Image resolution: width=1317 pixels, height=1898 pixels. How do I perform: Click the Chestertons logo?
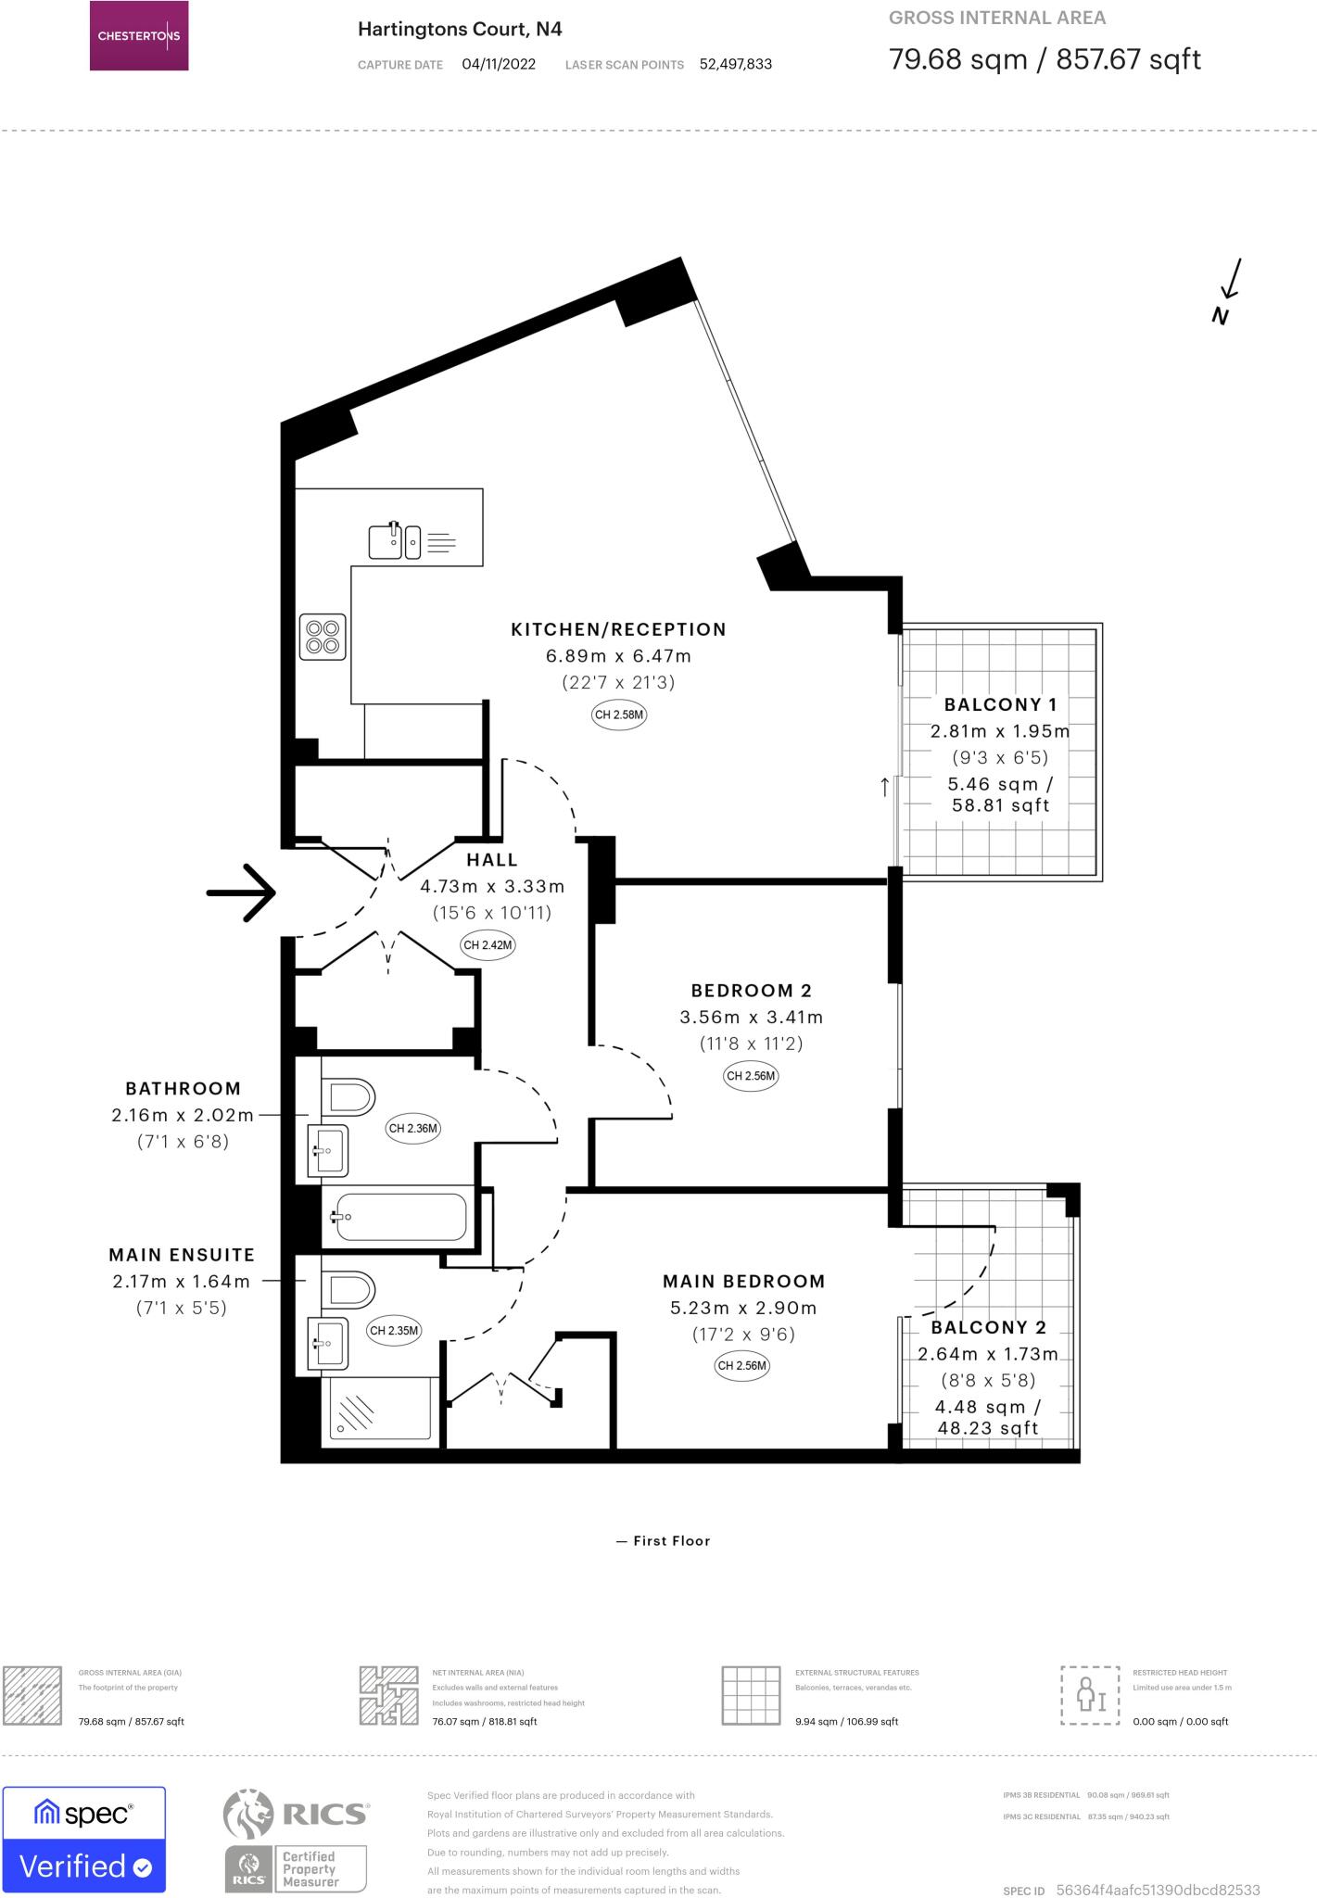tap(139, 36)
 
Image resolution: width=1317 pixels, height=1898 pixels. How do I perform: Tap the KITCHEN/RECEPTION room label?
tap(618, 629)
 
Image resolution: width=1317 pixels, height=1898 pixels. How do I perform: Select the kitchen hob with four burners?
tap(323, 637)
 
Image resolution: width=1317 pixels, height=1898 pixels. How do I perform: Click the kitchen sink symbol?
tap(394, 541)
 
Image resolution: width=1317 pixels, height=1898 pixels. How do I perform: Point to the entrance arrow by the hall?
tap(241, 892)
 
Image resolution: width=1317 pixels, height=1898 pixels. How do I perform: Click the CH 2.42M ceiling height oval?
tap(488, 945)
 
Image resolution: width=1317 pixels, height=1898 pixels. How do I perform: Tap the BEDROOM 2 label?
tap(751, 991)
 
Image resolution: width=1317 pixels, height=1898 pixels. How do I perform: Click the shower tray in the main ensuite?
tap(377, 1411)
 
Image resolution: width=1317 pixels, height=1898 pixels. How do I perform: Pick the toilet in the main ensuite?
tap(348, 1289)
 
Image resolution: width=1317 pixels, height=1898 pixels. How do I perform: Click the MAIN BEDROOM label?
tap(743, 1282)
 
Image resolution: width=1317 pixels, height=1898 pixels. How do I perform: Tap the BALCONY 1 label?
tap(1000, 705)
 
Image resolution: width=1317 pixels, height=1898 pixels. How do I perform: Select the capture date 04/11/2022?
tap(499, 65)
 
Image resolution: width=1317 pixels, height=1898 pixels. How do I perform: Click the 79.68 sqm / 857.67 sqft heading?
tap(1045, 59)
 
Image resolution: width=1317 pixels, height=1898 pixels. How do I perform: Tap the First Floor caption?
tap(671, 1541)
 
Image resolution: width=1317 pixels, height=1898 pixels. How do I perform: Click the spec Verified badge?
tap(84, 1840)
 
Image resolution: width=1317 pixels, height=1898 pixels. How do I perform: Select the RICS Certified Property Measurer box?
tap(310, 1868)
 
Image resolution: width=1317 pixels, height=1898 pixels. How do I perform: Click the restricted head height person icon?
tap(1090, 1696)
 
